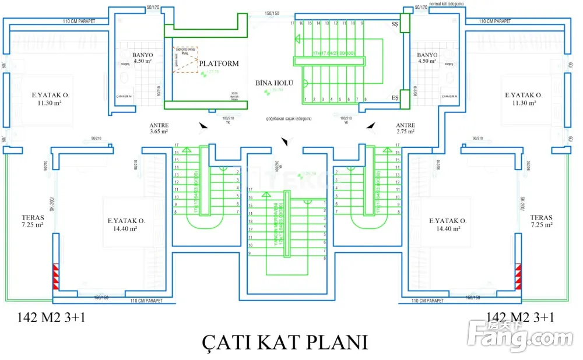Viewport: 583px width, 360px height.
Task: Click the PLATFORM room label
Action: tap(219, 63)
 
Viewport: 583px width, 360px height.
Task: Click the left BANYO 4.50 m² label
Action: tap(143, 58)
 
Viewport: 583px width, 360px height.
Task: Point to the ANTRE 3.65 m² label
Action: tap(159, 128)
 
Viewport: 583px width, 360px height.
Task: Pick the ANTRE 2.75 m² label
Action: tap(405, 128)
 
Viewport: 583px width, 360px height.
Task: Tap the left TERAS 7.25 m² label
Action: tap(33, 221)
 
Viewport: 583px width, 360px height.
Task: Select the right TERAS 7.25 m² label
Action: tap(541, 221)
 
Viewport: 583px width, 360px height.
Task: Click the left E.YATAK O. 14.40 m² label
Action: tap(126, 224)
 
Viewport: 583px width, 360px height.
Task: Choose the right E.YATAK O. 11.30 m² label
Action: tap(524, 98)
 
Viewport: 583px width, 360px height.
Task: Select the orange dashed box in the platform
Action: tap(185, 60)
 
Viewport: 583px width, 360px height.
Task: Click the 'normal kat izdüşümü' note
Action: tap(447, 3)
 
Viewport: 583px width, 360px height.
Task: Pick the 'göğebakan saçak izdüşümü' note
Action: tap(288, 118)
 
